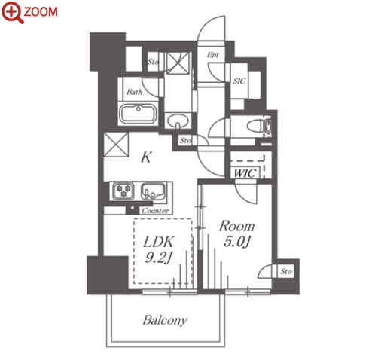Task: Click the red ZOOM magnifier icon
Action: point(13,12)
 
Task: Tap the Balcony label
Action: point(165,320)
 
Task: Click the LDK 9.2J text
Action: point(158,249)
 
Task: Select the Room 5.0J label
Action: point(236,233)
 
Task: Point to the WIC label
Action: point(245,173)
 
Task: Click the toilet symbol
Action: point(259,125)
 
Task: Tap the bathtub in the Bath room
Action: point(138,114)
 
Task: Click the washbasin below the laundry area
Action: point(178,121)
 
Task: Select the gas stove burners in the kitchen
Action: point(123,191)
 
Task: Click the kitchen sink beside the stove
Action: point(153,191)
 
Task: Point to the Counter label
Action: point(155,211)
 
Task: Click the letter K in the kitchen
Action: point(146,157)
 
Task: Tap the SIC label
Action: point(239,81)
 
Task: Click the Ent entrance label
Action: point(212,55)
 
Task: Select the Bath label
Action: point(135,92)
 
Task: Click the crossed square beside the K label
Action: point(116,145)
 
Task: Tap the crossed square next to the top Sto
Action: point(178,63)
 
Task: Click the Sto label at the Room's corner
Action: point(286,271)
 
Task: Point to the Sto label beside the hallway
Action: point(185,140)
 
